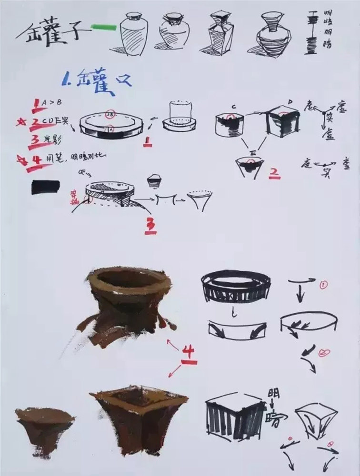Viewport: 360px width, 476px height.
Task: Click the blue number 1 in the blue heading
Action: (x=66, y=79)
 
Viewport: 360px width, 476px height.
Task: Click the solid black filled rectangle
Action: (x=45, y=187)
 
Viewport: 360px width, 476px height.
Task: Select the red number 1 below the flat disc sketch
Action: (x=148, y=142)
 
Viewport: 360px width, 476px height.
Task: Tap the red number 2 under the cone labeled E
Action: (x=274, y=173)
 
